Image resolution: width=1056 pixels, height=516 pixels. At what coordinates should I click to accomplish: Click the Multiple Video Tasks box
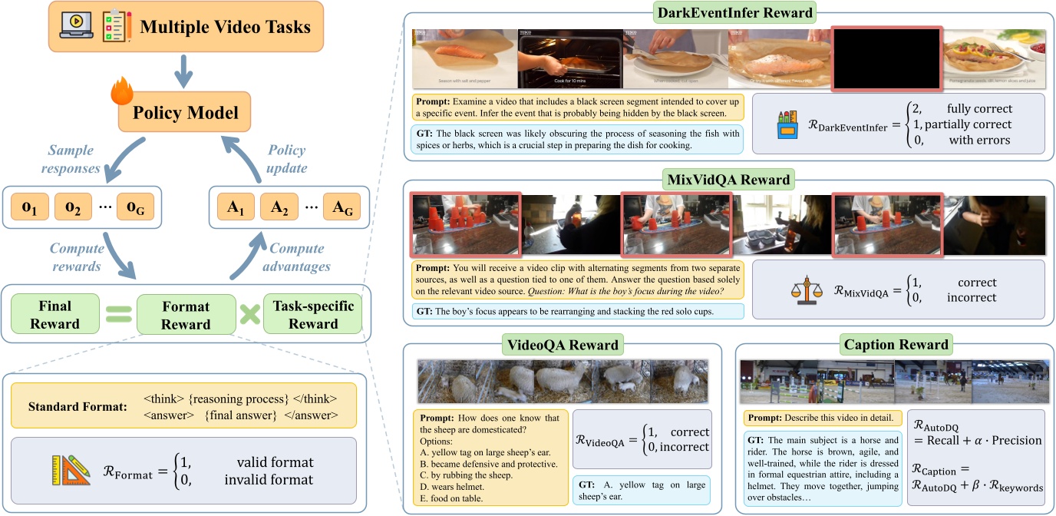coord(185,28)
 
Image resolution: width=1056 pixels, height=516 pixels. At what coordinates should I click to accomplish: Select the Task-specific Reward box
coord(313,314)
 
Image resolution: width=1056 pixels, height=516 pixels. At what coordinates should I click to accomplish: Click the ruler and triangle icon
coord(68,471)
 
